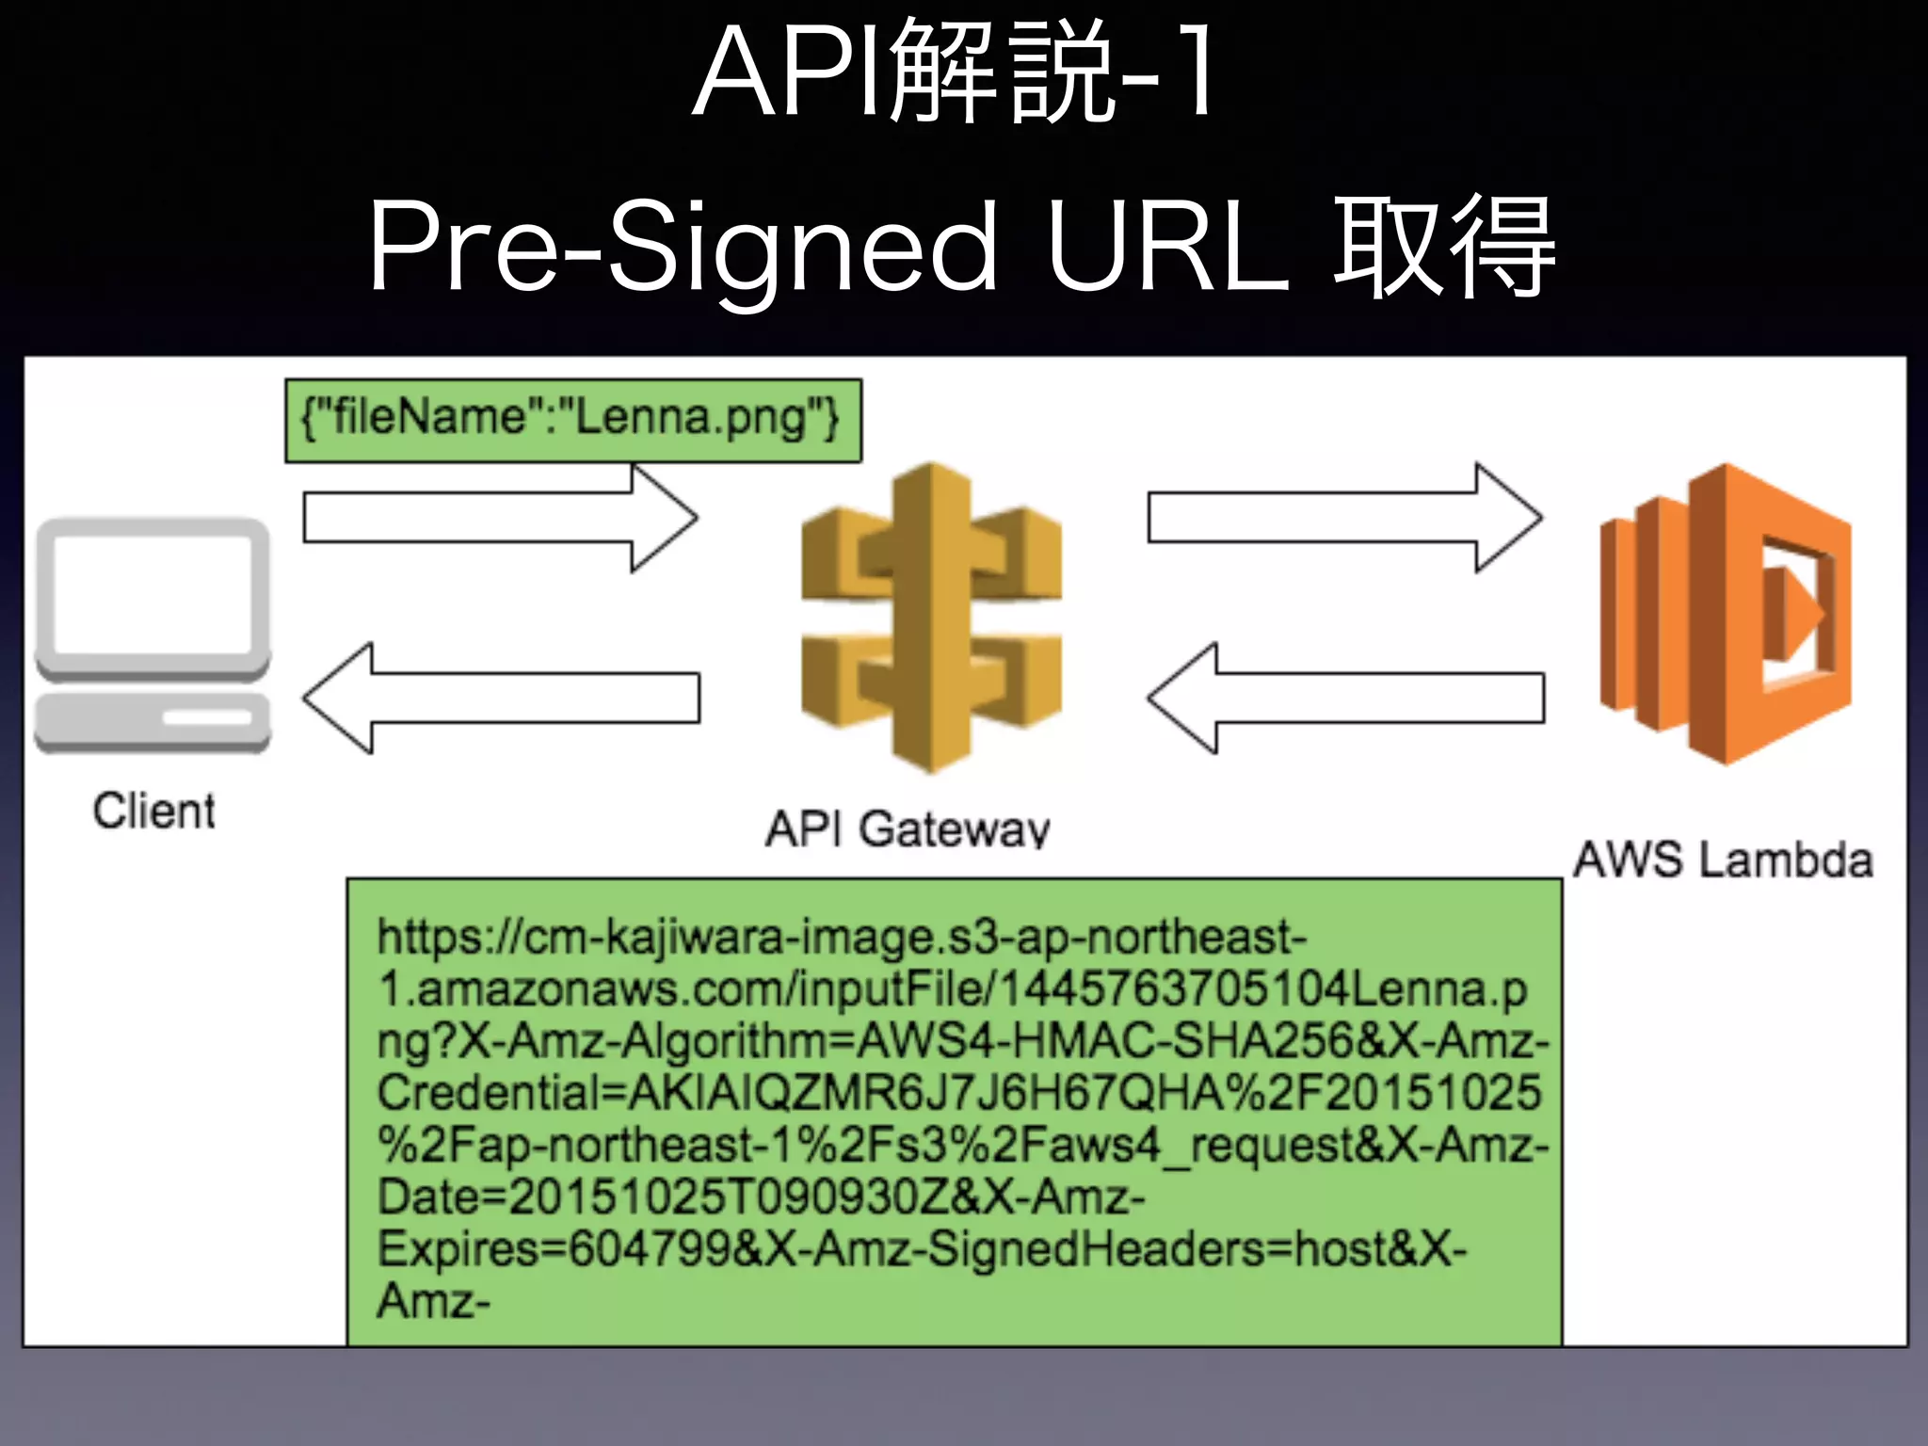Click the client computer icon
pos(153,635)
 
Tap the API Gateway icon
pos(931,617)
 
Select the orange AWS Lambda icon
pos(1725,614)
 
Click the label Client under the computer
pos(153,811)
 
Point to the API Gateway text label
pos(907,828)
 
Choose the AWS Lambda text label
pos(1723,860)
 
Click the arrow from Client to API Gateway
pos(499,518)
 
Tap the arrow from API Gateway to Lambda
pos(1343,518)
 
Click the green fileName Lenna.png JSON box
pos(572,420)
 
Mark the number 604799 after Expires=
pos(650,1249)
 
